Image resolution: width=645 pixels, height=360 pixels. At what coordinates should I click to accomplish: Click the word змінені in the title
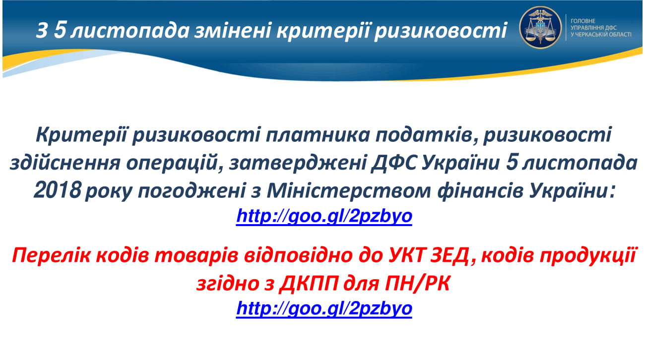pos(232,30)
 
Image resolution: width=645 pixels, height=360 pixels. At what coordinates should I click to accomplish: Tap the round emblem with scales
pos(540,27)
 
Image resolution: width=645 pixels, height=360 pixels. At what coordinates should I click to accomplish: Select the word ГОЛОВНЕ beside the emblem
pos(582,21)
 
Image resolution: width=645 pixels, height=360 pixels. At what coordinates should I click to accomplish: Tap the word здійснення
pos(65,163)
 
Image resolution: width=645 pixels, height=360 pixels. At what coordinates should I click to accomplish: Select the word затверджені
pos(298,163)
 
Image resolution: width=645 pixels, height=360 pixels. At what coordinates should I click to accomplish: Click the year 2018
pos(57,190)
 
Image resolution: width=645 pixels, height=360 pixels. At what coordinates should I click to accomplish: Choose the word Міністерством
pos(348,191)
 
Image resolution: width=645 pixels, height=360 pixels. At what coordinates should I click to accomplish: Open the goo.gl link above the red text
pos(324,216)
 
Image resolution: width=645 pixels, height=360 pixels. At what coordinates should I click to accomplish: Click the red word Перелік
pos(51,255)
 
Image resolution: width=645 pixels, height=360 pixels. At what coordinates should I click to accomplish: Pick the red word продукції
pos(588,255)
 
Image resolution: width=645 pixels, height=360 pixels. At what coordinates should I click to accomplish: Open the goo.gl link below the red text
pos(324,308)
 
